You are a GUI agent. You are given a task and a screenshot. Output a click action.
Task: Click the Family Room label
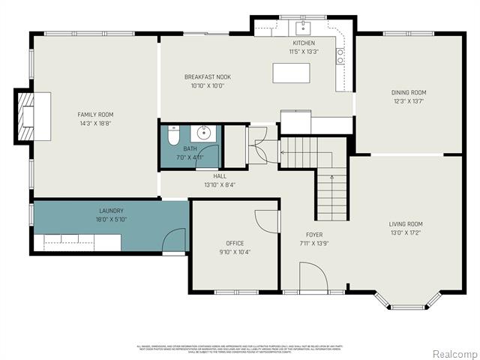[96, 115]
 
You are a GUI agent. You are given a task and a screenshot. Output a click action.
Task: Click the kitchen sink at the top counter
[304, 28]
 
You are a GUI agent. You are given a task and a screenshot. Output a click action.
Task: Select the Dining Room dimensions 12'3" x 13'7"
[408, 101]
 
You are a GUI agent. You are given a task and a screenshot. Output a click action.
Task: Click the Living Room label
[405, 223]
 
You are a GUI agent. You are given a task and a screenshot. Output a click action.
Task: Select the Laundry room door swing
[175, 241]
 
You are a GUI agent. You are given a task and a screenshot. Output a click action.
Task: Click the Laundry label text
[111, 211]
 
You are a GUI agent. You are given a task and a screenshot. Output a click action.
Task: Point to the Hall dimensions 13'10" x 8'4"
[220, 184]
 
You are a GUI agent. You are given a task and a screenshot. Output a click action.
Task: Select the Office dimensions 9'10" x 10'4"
[235, 252]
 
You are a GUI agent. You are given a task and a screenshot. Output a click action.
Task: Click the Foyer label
[313, 235]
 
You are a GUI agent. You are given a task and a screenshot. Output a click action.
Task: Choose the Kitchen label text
[304, 43]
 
